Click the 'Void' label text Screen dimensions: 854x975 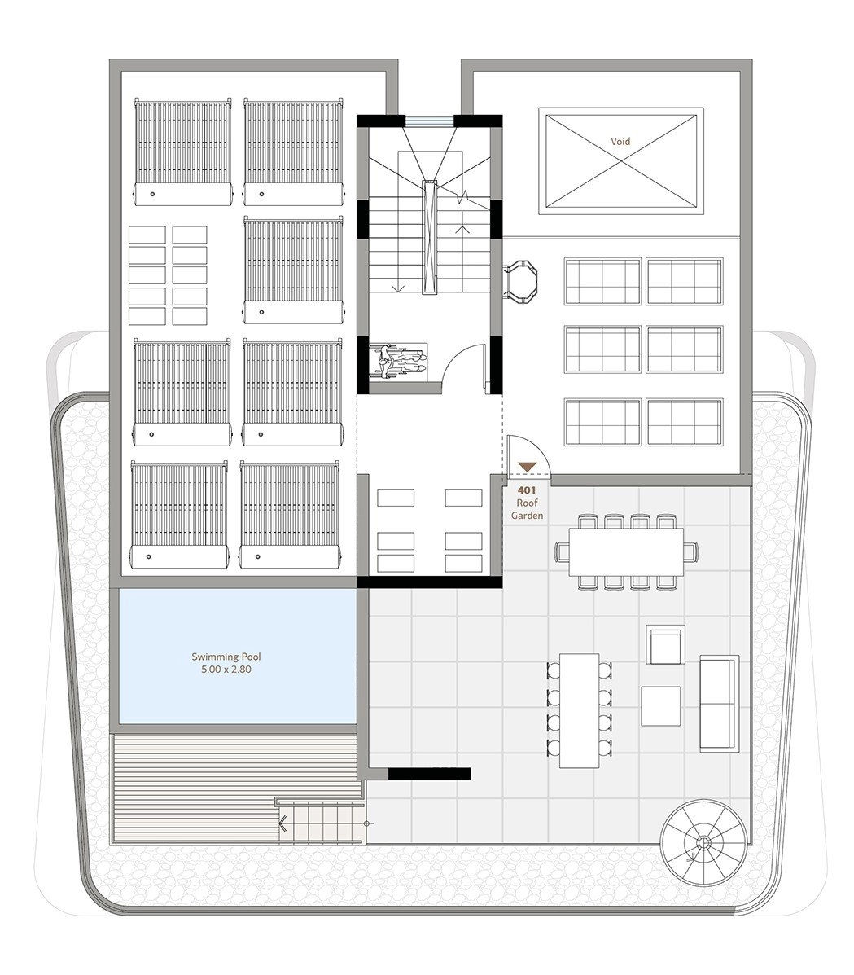[620, 141]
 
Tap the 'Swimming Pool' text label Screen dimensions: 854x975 [226, 657]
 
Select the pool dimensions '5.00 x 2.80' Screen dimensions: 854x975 [226, 670]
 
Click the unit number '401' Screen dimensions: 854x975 [527, 490]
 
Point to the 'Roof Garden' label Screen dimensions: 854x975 [527, 509]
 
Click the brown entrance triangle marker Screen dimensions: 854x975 [528, 467]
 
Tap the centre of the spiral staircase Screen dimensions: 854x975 [703, 843]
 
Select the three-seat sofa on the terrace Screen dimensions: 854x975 [720, 703]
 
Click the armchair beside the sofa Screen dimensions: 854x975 [666, 645]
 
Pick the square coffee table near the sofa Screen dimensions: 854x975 [661, 705]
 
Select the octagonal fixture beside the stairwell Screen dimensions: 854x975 [521, 282]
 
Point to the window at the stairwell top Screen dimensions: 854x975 [430, 121]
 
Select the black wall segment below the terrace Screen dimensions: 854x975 [430, 774]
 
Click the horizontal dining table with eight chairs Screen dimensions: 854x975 [627, 551]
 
